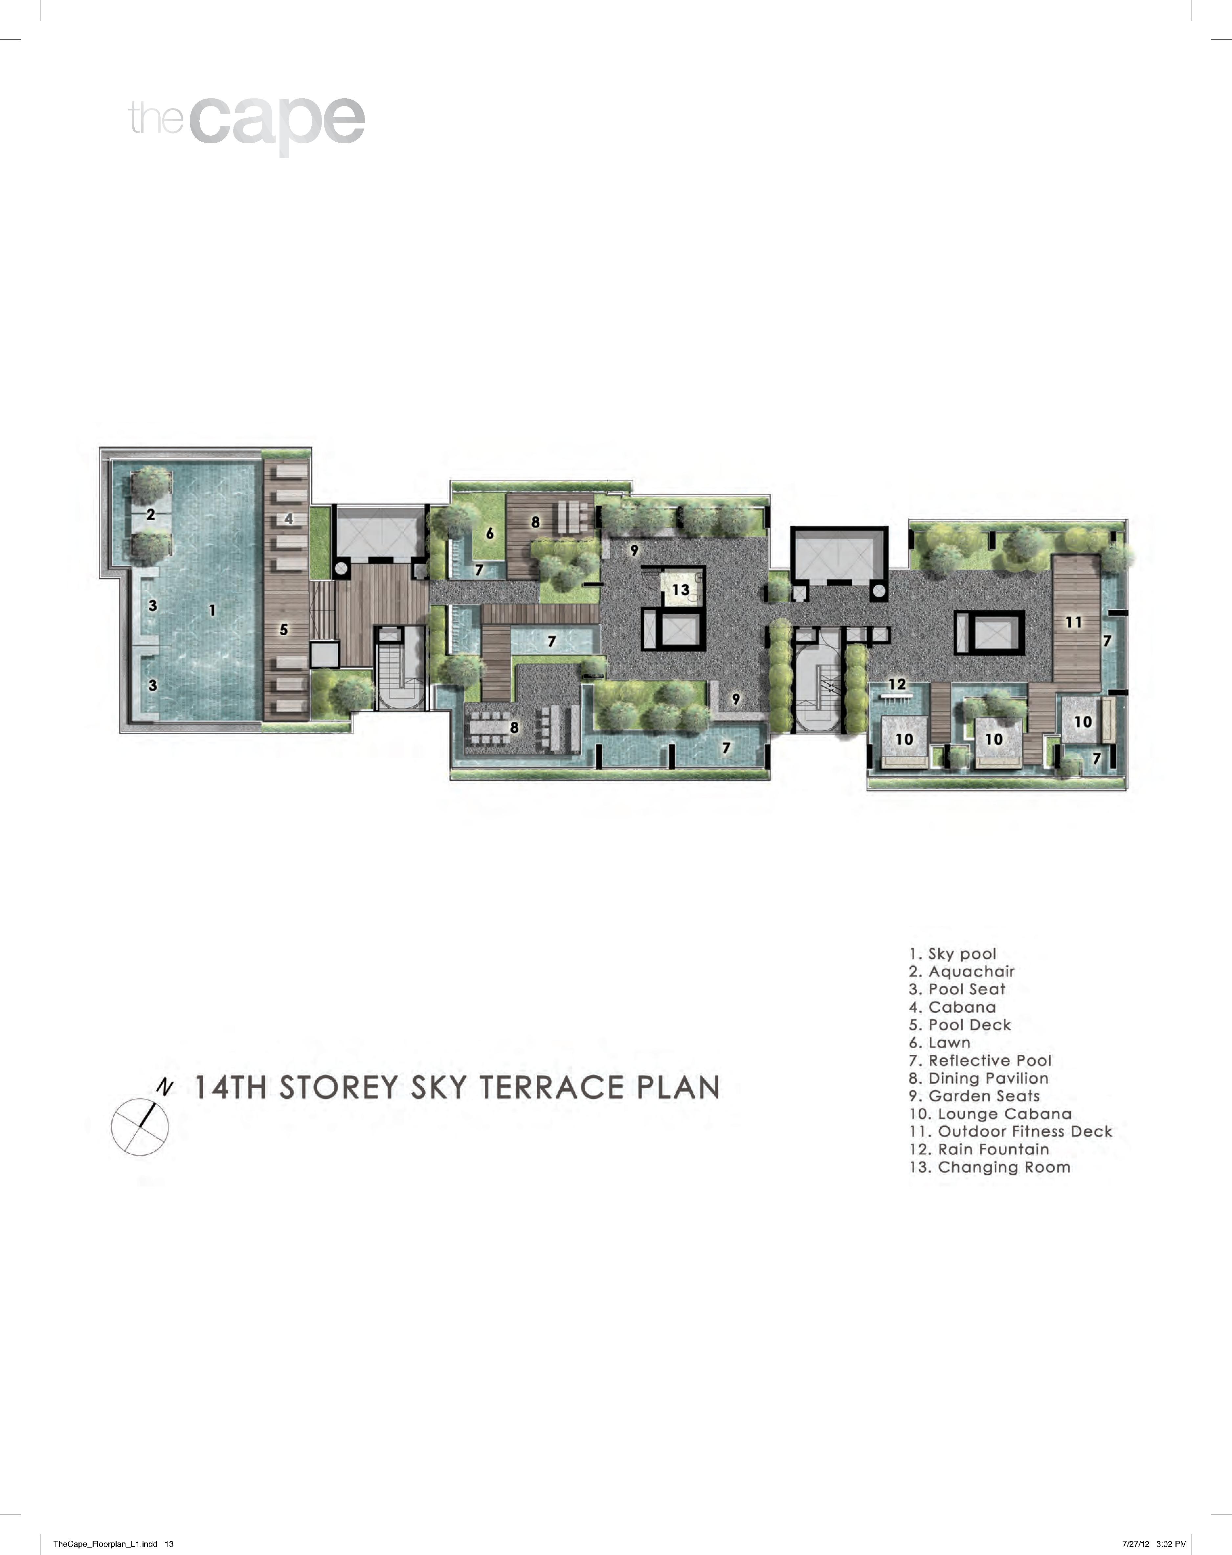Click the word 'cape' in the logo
tap(278, 121)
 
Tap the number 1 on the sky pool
tap(212, 610)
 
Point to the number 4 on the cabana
tap(288, 519)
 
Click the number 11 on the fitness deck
tap(1073, 622)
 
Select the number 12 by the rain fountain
tap(897, 684)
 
